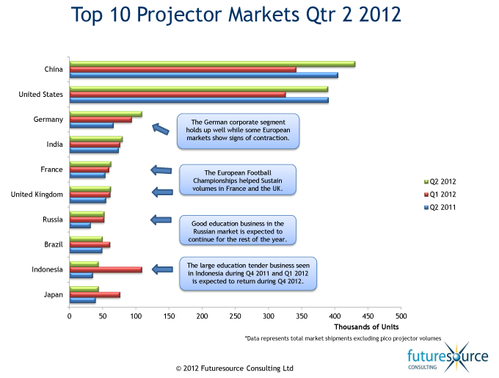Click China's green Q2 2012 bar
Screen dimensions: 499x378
[212, 64]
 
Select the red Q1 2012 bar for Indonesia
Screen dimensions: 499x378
[106, 270]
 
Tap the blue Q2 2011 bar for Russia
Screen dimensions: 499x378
[80, 225]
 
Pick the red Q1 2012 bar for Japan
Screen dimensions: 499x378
[95, 295]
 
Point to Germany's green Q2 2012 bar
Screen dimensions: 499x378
[106, 114]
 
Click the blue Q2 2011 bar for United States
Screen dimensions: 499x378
[199, 101]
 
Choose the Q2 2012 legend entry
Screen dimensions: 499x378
[440, 182]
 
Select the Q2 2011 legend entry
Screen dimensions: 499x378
[440, 208]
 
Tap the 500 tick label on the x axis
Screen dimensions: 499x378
[401, 316]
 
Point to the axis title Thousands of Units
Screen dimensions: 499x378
[366, 327]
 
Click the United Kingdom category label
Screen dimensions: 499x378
[37, 195]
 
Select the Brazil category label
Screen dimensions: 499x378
[54, 244]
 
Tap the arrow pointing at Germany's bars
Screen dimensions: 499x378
[161, 128]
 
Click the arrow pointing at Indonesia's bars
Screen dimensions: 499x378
[162, 269]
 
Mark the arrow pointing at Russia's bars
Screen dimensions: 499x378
[161, 220]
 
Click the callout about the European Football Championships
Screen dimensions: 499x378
[238, 180]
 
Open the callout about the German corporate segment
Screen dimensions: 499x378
[238, 131]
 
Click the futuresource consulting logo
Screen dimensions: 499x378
[448, 357]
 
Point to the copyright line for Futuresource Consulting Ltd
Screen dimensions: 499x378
[235, 368]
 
